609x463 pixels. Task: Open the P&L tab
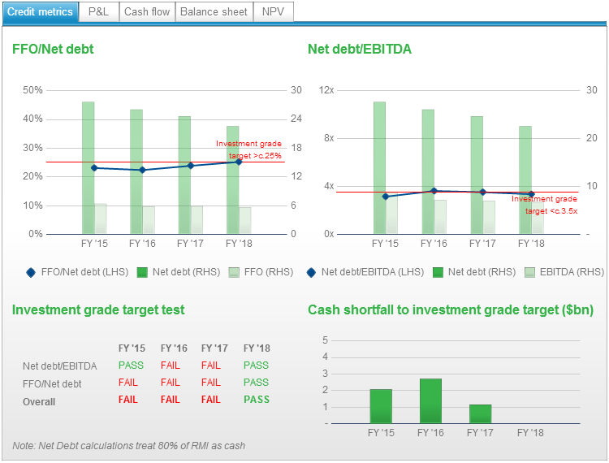point(99,12)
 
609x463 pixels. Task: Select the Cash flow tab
point(147,12)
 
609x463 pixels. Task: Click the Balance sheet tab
point(214,12)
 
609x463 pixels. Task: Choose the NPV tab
point(273,12)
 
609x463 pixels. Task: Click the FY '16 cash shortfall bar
point(430,400)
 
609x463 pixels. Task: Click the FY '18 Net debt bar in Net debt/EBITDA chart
point(525,180)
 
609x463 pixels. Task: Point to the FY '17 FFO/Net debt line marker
point(191,166)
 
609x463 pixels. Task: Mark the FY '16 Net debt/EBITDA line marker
point(434,191)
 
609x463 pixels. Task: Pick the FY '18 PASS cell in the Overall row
point(256,400)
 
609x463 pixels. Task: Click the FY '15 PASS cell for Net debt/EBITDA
point(131,366)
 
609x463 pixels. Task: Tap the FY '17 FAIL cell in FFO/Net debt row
point(210,383)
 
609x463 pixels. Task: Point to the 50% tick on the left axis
point(33,89)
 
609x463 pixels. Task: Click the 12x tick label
point(326,89)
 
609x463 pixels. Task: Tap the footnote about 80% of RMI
point(128,445)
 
